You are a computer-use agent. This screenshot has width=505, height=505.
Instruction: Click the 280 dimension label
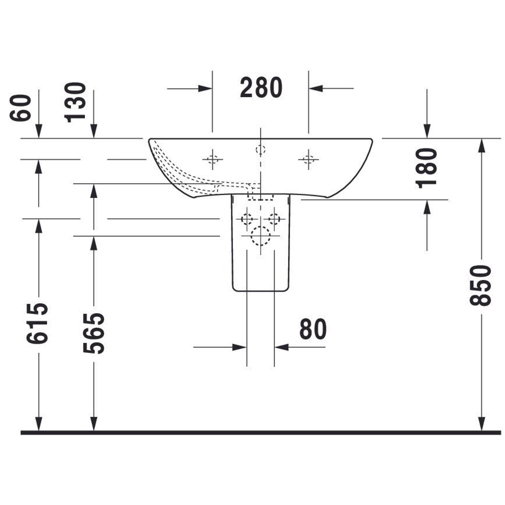pyautogui.click(x=261, y=88)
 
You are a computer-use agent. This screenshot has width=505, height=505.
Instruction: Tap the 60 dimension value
pyautogui.click(x=20, y=108)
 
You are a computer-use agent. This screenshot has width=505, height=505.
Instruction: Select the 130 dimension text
pyautogui.click(x=75, y=102)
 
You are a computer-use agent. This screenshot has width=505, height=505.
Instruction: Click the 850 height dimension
pyautogui.click(x=481, y=285)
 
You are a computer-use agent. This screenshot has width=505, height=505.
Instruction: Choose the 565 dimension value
pyautogui.click(x=94, y=333)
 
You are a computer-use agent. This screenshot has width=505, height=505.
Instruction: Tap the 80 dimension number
pyautogui.click(x=313, y=329)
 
